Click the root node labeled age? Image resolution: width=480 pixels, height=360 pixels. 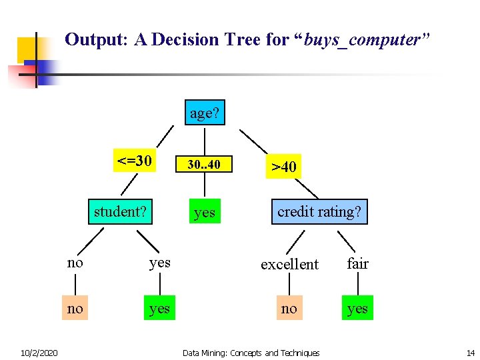204,113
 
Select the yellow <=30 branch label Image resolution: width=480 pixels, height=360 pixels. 135,161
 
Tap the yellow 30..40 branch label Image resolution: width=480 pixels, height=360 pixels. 204,164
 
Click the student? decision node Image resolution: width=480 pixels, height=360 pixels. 121,211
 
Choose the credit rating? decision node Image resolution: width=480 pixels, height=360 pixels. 319,211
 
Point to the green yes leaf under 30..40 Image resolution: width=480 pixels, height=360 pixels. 204,212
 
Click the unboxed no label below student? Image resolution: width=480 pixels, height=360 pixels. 75,263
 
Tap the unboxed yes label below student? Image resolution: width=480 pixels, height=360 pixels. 160,263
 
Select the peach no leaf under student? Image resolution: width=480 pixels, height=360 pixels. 75,308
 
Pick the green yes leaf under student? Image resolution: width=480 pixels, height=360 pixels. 160,308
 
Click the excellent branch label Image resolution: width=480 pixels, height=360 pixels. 289,265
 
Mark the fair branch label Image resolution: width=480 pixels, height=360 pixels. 358,264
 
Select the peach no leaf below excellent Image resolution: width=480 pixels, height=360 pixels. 289,308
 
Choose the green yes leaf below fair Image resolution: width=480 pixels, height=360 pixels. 358,308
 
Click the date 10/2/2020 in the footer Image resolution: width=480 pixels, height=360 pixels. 39,353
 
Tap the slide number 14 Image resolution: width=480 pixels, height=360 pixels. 471,353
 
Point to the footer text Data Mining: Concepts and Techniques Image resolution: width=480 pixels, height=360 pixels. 251,353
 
